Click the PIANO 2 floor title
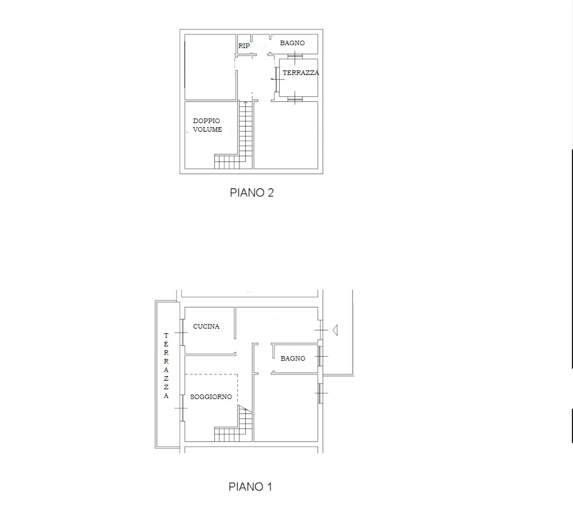252,192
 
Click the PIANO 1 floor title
250,487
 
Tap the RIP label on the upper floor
244,46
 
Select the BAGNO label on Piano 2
292,43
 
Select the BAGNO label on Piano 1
293,358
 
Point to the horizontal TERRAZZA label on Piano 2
301,73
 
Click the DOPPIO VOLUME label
207,125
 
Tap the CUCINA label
206,326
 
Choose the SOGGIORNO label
211,397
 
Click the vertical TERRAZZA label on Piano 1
166,365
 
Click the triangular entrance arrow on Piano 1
335,330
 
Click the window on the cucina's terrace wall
181,332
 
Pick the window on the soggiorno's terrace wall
181,408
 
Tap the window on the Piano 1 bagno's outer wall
320,356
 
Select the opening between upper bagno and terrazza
295,56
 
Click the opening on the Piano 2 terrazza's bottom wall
295,98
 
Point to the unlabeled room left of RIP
210,67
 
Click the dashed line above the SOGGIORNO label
211,374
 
